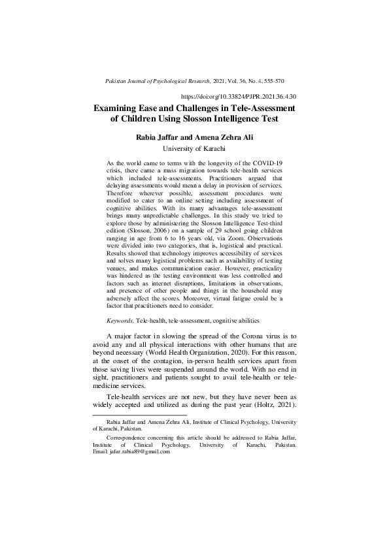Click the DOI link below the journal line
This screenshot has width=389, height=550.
coord(243,95)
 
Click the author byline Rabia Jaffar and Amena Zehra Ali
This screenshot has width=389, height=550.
coord(194,138)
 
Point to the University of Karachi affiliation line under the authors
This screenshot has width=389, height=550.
coord(194,150)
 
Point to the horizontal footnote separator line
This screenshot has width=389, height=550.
coord(137,415)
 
